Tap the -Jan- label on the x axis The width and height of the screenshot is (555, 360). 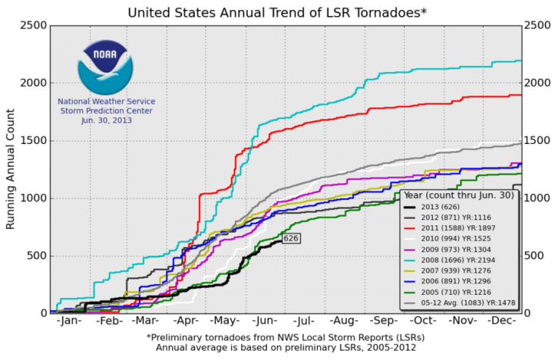(69, 322)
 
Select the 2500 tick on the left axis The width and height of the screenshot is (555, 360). (30, 25)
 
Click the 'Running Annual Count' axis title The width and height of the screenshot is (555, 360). (10, 168)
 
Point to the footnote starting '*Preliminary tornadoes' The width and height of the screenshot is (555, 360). (285, 337)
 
